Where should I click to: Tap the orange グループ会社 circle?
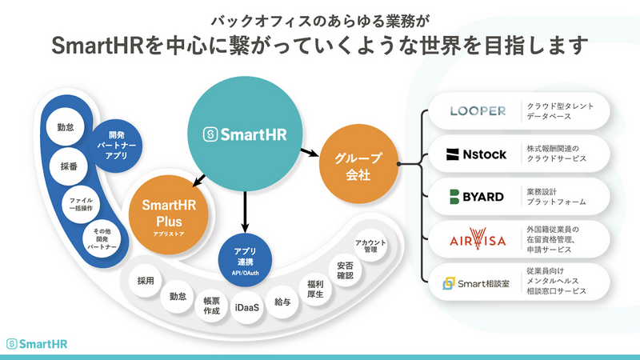tap(353, 166)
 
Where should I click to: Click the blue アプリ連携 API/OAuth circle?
tap(245, 257)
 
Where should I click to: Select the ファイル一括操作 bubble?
tap(82, 203)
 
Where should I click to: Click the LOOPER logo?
tap(478, 111)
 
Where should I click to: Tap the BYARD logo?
tap(478, 196)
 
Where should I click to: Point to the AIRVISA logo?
tap(478, 238)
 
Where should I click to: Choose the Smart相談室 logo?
tap(477, 282)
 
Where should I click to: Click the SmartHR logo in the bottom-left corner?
tap(39, 342)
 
